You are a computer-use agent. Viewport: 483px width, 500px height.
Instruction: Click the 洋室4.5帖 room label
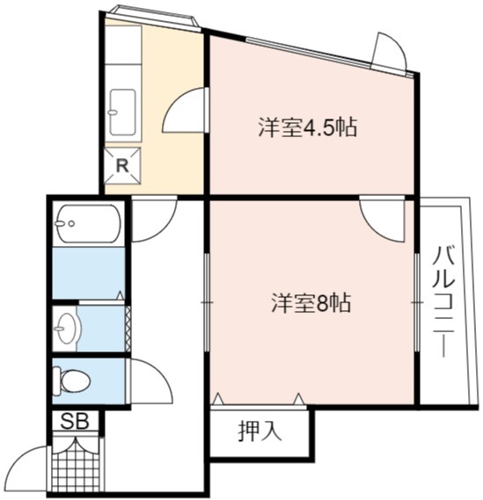pyautogui.click(x=307, y=127)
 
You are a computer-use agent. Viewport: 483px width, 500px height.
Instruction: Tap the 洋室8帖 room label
pyautogui.click(x=311, y=302)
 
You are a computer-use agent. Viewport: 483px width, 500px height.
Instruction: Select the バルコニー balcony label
pyautogui.click(x=443, y=301)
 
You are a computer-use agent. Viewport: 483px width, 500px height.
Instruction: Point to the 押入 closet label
pyautogui.click(x=260, y=431)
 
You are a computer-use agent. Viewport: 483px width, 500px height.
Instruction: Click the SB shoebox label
pyautogui.click(x=75, y=421)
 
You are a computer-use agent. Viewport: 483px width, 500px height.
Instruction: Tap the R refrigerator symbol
pyautogui.click(x=122, y=166)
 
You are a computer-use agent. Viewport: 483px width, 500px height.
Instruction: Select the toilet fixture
pyautogui.click(x=71, y=380)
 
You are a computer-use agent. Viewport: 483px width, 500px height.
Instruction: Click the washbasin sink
pyautogui.click(x=66, y=329)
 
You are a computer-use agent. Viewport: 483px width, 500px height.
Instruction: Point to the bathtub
pyautogui.click(x=88, y=223)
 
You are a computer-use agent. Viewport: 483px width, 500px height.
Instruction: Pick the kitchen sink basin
pyautogui.click(x=122, y=112)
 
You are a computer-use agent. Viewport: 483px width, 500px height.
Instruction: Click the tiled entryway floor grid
pyautogui.click(x=76, y=468)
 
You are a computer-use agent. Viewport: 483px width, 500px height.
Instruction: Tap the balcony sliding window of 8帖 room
pyautogui.click(x=417, y=302)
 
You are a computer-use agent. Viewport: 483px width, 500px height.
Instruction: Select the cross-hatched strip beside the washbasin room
pyautogui.click(x=128, y=329)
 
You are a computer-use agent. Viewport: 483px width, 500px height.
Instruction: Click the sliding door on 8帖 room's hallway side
pyautogui.click(x=207, y=302)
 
